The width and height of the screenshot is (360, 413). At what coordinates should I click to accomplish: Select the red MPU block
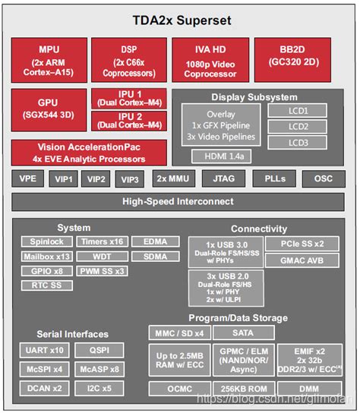pos(49,59)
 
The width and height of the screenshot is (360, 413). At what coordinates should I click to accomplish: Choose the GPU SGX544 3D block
pos(49,110)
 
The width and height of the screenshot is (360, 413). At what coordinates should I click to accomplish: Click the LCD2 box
pos(298,126)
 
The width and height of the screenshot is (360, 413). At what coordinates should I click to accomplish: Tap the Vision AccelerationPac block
pos(89,153)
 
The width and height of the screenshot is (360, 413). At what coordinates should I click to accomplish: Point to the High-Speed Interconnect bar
pos(179,201)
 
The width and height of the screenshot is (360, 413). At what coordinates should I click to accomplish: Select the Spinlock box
pos(43,241)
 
